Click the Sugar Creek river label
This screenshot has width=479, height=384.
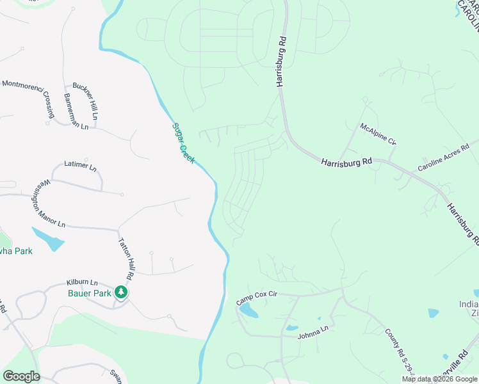(x=183, y=142)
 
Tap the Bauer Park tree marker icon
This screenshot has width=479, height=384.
(x=121, y=292)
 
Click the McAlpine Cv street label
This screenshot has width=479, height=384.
(x=378, y=134)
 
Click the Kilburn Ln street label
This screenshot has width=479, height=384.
(x=82, y=282)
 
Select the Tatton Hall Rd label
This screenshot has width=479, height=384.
(x=126, y=259)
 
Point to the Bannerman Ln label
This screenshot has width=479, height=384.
(x=76, y=111)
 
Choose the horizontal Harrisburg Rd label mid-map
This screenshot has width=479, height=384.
(x=346, y=164)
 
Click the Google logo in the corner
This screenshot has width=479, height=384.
(x=21, y=376)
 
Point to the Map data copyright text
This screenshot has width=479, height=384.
(x=439, y=380)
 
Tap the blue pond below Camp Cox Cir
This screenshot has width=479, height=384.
(x=248, y=311)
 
